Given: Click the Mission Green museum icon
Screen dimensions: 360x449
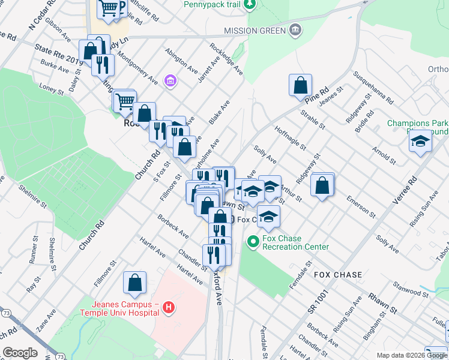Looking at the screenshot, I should coord(295,31).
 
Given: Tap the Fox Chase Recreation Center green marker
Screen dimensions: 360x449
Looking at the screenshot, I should coord(253,242).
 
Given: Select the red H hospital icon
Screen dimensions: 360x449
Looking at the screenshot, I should coord(169,308).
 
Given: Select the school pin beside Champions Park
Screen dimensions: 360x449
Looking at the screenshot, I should coord(421,142).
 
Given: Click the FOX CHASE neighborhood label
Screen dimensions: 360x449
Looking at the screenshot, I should coord(338,275).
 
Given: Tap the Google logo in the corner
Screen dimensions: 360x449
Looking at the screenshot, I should coord(20,353).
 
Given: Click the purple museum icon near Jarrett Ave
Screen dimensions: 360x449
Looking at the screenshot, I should coord(170,80).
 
